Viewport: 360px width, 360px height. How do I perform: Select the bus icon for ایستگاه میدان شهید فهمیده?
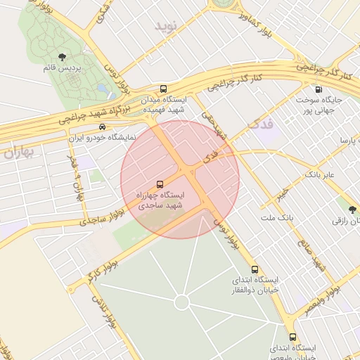click(163, 89)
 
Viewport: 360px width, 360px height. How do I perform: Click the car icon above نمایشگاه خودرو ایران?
click(103, 127)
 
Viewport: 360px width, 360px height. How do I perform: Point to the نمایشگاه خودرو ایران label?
click(103, 138)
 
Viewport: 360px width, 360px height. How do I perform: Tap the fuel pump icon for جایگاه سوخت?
click(319, 89)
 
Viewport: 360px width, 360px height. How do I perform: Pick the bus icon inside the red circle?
click(160, 182)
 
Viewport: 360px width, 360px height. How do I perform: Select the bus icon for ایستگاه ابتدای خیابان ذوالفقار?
click(255, 269)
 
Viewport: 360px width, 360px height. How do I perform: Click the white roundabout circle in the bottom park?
click(181, 302)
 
